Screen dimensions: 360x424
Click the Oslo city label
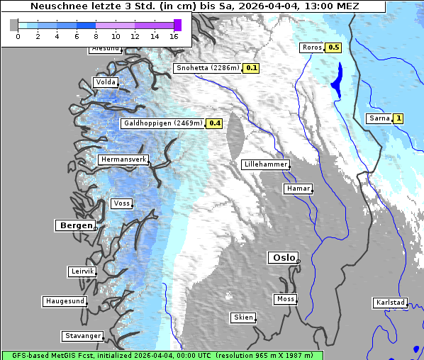click(x=283, y=258)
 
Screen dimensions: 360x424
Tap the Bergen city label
click(x=75, y=225)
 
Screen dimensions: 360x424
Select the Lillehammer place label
click(x=265, y=164)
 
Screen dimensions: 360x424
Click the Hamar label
click(x=297, y=189)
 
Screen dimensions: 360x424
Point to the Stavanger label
click(x=82, y=336)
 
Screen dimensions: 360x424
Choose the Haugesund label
click(x=65, y=301)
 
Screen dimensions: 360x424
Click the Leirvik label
click(x=82, y=271)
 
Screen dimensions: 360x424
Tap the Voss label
click(x=121, y=203)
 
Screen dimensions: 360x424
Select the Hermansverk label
click(x=123, y=160)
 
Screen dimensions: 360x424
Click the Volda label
click(x=105, y=83)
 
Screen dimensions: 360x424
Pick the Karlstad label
click(x=390, y=303)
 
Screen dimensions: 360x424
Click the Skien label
click(x=242, y=317)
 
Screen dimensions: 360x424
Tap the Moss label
click(x=285, y=299)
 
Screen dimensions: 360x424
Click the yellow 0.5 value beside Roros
click(x=333, y=47)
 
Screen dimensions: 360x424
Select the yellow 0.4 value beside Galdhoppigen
click(x=215, y=123)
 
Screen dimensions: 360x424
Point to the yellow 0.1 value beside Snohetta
click(x=251, y=69)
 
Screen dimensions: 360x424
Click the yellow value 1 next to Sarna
click(x=398, y=118)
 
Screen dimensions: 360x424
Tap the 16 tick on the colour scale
click(x=174, y=36)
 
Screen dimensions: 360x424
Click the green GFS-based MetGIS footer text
click(x=162, y=355)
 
